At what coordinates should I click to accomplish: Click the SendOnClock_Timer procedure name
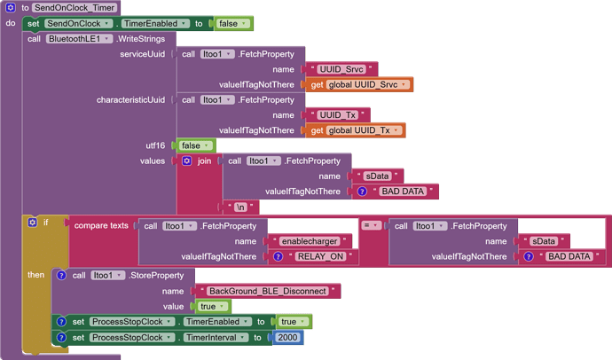pyautogui.click(x=75, y=8)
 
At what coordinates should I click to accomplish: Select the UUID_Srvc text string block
pyautogui.click(x=341, y=69)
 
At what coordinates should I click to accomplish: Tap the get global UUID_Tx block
pyautogui.click(x=355, y=130)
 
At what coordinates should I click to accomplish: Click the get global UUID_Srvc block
pyautogui.click(x=359, y=84)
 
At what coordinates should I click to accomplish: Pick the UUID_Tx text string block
pyautogui.click(x=338, y=115)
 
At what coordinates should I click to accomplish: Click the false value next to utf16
pyautogui.click(x=194, y=146)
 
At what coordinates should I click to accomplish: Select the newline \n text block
pyautogui.click(x=240, y=207)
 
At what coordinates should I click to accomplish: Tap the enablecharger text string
pyautogui.click(x=310, y=241)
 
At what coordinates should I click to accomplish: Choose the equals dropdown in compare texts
pyautogui.click(x=371, y=225)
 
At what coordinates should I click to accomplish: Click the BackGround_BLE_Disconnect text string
pyautogui.click(x=268, y=292)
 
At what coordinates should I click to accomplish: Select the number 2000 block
pyautogui.click(x=287, y=337)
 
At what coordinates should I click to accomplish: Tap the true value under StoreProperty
pyautogui.click(x=212, y=307)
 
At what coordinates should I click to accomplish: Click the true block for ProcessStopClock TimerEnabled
pyautogui.click(x=294, y=322)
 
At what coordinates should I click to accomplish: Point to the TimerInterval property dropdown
pyautogui.click(x=216, y=337)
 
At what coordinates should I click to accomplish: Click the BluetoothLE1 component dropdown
pyautogui.click(x=78, y=39)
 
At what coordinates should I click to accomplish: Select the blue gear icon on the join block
pyautogui.click(x=187, y=160)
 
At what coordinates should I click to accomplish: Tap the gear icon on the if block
pyautogui.click(x=33, y=223)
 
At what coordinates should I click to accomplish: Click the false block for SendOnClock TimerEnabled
pyautogui.click(x=232, y=24)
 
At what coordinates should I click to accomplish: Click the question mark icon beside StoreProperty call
pyautogui.click(x=61, y=276)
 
